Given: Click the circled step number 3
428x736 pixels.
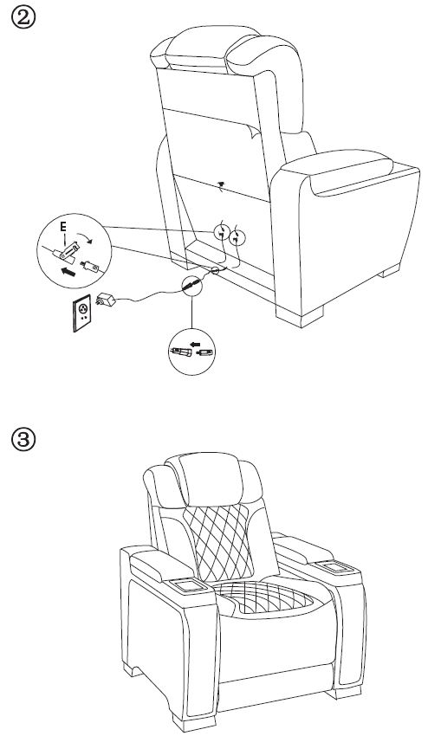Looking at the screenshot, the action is [x=23, y=440].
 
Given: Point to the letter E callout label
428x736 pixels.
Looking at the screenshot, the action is [x=63, y=227].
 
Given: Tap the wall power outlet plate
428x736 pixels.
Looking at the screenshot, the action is [x=82, y=313].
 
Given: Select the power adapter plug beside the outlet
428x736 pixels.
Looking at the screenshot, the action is [x=106, y=300].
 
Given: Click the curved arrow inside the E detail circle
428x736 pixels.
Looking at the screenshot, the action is [x=85, y=235].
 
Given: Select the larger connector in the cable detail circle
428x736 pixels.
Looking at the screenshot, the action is [x=181, y=352].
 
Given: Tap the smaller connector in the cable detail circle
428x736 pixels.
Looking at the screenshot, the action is [x=205, y=352].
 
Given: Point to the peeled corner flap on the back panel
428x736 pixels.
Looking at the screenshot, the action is [x=252, y=132].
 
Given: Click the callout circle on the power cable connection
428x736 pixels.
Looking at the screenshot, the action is [x=191, y=285].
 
